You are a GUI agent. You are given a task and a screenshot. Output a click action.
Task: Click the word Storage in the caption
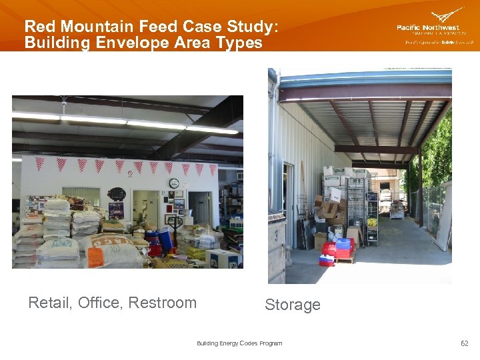[292, 305]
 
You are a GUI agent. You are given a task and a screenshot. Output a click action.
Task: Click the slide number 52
[464, 343]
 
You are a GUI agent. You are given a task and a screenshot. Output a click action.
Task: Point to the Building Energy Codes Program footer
[239, 343]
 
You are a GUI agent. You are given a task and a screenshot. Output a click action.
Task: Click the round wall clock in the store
[174, 183]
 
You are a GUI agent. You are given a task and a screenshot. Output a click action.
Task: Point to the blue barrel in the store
[165, 238]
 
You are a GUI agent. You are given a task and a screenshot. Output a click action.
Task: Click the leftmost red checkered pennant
[40, 163]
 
